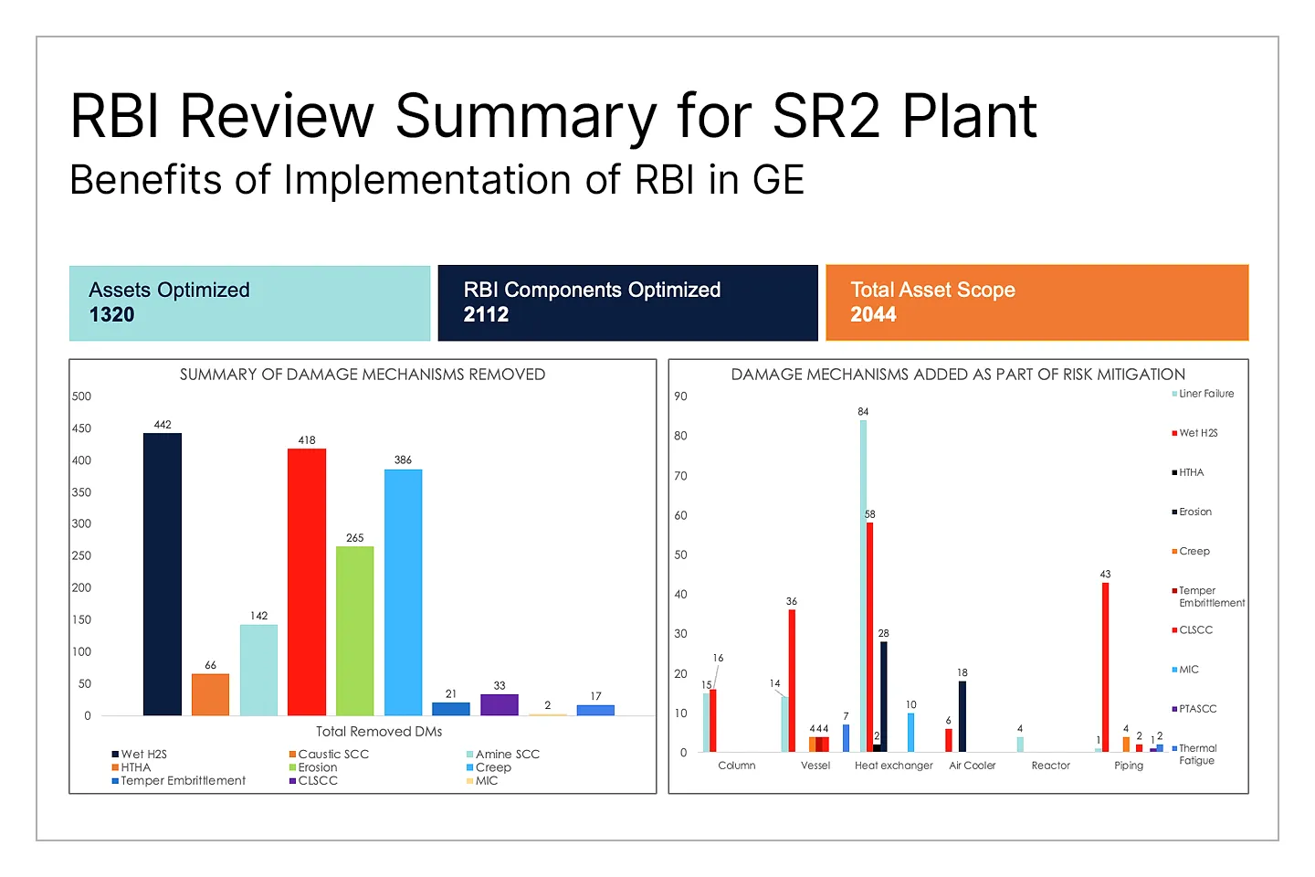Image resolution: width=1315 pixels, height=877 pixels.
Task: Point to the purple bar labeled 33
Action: coord(500,704)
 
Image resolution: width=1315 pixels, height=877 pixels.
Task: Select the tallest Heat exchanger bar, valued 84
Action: coord(863,585)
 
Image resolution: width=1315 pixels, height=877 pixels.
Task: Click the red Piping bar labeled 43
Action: coord(1105,667)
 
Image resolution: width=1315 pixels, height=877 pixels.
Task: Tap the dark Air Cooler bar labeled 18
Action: coord(963,716)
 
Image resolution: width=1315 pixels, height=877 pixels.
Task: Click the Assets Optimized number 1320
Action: coord(111,315)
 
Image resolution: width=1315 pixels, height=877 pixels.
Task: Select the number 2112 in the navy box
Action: coord(486,315)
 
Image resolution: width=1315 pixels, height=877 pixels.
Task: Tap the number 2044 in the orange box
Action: coord(873,315)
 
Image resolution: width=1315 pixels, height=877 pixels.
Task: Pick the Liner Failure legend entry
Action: coord(1205,394)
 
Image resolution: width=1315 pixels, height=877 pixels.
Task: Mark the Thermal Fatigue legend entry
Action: coord(1196,754)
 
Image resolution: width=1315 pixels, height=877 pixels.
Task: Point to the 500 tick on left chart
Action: coord(82,396)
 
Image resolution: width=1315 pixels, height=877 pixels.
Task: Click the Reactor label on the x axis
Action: coord(1050,766)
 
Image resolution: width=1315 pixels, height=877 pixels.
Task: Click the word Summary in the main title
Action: coord(525,116)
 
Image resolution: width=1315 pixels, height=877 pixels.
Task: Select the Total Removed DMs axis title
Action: coord(379,732)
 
